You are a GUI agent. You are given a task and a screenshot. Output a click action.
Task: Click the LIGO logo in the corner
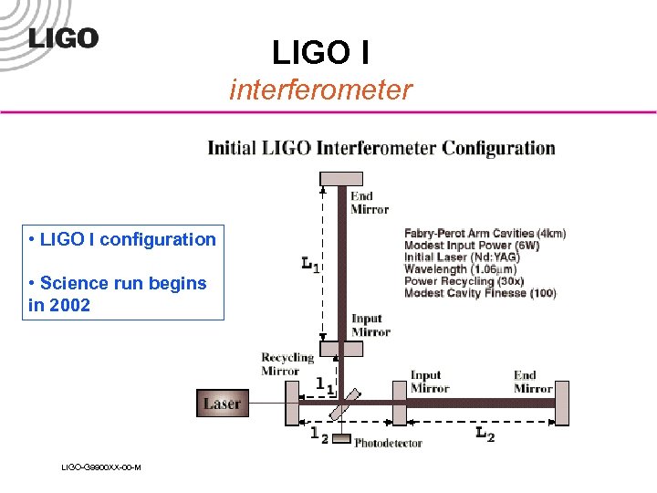[x=62, y=37]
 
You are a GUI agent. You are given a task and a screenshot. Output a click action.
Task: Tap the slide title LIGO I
[x=320, y=52]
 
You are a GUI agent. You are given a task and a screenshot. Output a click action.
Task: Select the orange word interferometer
[x=320, y=89]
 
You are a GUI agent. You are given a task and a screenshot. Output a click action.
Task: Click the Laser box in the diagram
[x=222, y=403]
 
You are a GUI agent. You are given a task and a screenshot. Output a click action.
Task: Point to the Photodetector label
[x=388, y=444]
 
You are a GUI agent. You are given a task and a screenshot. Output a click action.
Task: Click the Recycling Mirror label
[x=287, y=364]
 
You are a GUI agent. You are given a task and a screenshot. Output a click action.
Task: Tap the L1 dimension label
[x=310, y=264]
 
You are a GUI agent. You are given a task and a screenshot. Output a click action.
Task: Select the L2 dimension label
[x=485, y=435]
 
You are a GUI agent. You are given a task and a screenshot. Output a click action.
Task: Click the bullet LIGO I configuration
[x=123, y=239]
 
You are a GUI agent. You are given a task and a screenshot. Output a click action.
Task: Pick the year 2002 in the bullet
[x=71, y=306]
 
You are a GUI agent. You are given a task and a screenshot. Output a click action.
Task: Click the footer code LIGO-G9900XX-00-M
[x=100, y=467]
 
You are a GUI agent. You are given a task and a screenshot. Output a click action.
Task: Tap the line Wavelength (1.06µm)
[x=460, y=269]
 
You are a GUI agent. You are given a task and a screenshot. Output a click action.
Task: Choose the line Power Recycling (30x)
[x=464, y=281]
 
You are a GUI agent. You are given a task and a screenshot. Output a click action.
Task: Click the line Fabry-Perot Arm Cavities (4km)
[x=485, y=234]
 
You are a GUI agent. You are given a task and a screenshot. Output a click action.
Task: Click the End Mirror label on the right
[x=533, y=382]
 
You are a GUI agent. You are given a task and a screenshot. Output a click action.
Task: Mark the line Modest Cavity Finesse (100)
[x=480, y=293]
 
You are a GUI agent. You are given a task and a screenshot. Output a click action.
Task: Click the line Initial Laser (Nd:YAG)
[x=462, y=257]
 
